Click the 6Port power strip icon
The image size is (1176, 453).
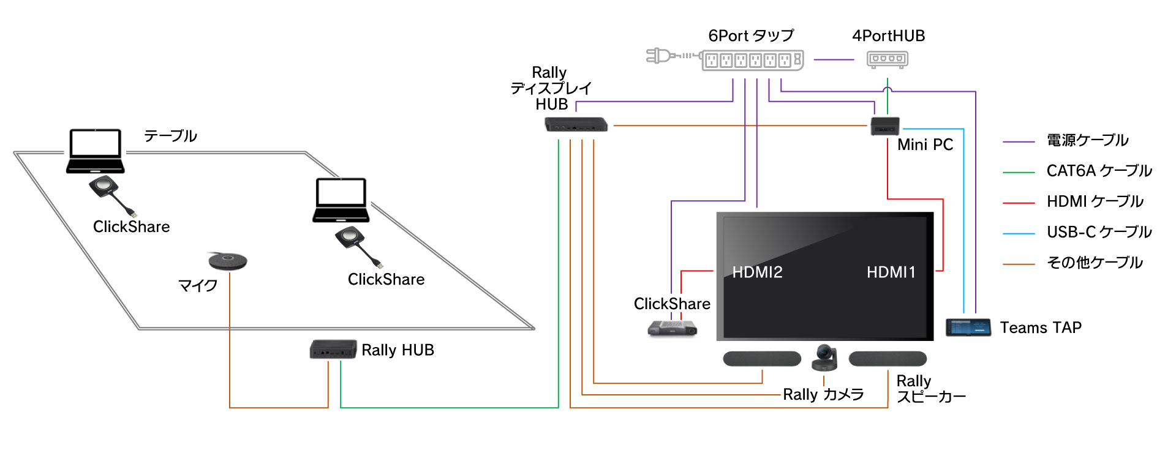point(752,60)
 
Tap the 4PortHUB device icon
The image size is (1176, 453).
point(888,59)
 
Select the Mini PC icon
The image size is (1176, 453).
point(885,126)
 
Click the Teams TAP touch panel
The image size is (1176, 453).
point(968,327)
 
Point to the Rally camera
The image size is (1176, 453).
point(824,358)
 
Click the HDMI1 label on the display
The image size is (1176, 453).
point(891,272)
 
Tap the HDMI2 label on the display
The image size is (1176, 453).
point(757,272)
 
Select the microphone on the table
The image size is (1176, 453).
point(227,261)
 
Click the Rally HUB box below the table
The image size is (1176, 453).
point(333,350)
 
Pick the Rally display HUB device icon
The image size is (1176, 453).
point(576,125)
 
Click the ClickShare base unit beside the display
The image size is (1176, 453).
point(672,329)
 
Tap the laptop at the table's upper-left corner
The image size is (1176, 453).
point(96,151)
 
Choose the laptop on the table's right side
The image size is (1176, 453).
point(341,200)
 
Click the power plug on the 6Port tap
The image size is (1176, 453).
point(658,56)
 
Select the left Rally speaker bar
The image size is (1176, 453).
point(762,359)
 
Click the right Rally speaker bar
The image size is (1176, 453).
point(888,359)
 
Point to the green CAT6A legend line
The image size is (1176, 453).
point(1019,173)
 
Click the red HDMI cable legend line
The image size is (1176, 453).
point(1019,203)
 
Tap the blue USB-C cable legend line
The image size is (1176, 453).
point(1019,234)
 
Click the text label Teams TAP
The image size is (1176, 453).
point(1041,328)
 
